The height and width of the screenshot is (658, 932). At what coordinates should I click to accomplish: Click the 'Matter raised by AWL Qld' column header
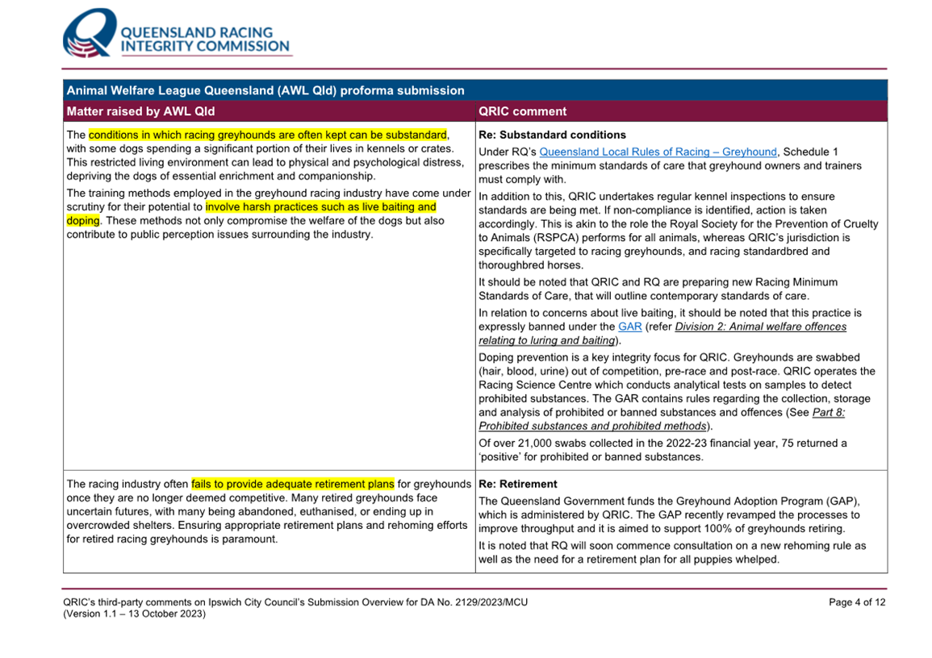tap(140, 111)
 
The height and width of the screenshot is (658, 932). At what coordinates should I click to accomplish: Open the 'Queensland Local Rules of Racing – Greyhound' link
tap(658, 152)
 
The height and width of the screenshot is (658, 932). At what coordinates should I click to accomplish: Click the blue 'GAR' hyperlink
tap(629, 327)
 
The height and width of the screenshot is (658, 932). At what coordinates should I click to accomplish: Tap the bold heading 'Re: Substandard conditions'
tap(552, 135)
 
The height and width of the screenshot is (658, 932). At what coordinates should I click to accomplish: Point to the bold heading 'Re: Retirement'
tap(517, 485)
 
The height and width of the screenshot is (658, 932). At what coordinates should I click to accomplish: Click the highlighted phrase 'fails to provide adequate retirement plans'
tap(293, 484)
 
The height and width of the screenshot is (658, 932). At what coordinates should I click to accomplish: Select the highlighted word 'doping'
tap(83, 221)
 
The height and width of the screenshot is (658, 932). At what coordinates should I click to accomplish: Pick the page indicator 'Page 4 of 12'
tap(857, 602)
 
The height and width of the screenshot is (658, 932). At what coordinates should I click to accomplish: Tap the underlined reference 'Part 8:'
tap(829, 412)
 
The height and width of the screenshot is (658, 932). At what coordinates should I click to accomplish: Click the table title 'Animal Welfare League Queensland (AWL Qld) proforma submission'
tap(265, 90)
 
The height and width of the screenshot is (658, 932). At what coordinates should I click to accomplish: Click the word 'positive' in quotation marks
tap(501, 456)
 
